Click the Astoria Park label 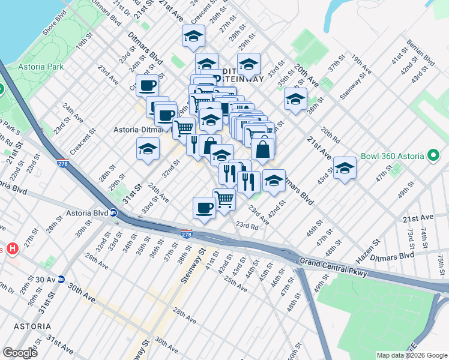pos(41,67)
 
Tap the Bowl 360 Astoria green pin pos(434,157)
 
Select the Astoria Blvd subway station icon pos(113,212)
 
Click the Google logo pos(19,353)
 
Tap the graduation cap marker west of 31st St pos(148,149)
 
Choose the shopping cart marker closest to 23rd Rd pos(224,199)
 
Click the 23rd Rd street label pos(247,226)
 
